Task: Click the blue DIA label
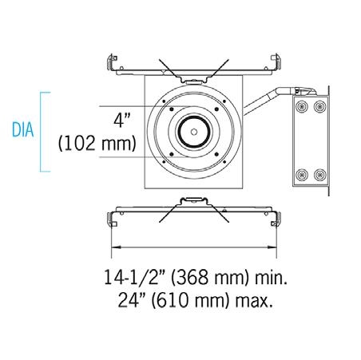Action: (23, 130)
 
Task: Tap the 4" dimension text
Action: (122, 121)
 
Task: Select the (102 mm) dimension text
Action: (97, 144)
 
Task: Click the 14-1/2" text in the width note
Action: (134, 277)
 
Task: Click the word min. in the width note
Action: (272, 278)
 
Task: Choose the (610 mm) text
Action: (191, 301)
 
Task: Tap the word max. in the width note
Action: (254, 302)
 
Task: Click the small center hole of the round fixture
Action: (194, 132)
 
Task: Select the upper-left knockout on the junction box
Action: (302, 107)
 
